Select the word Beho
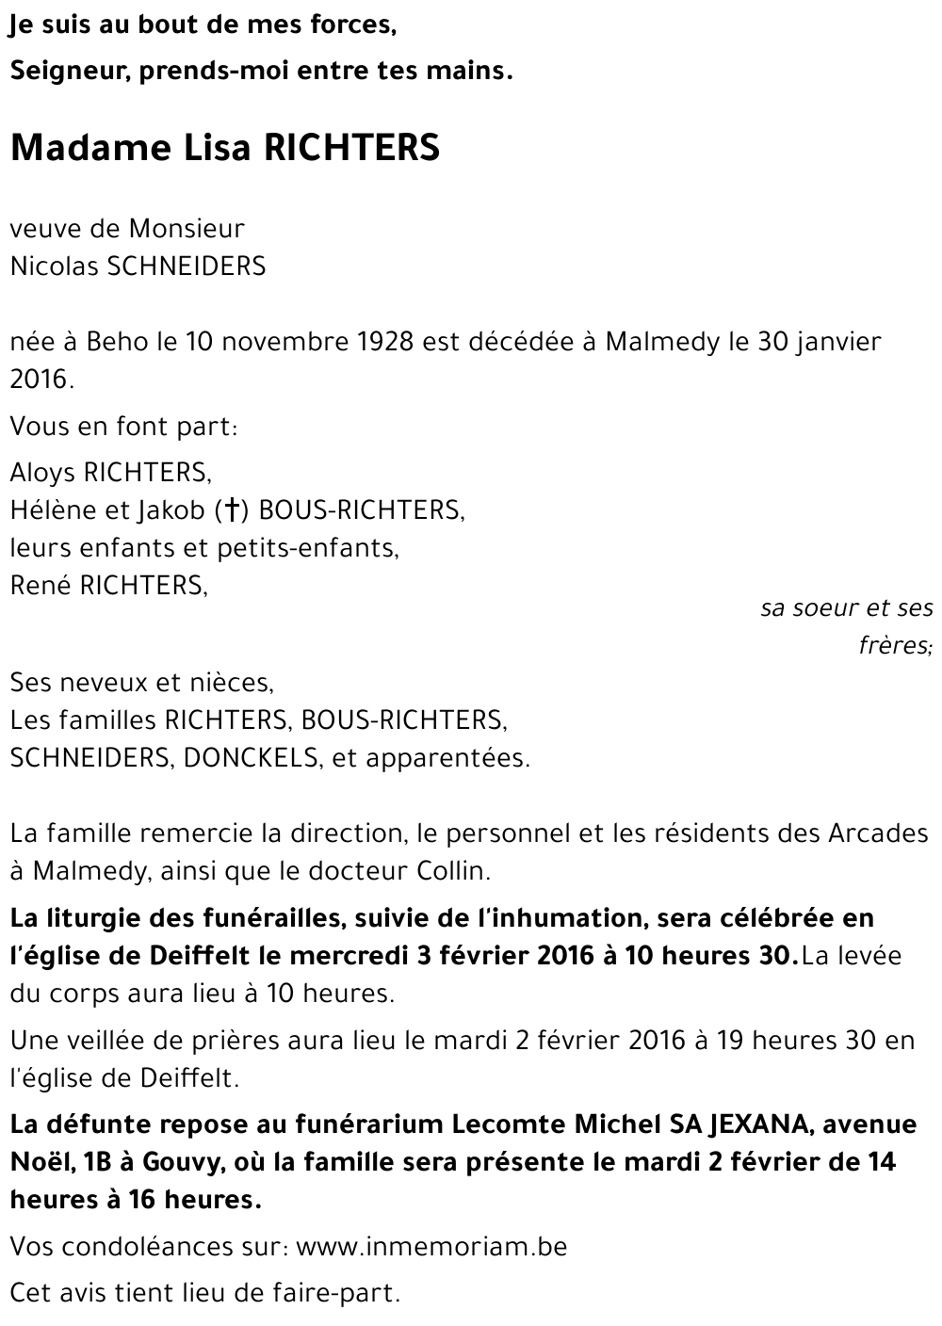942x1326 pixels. (x=117, y=341)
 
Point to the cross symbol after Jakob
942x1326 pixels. (x=231, y=510)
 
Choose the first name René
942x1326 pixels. (x=41, y=586)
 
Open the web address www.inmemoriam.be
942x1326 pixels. (x=431, y=1248)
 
